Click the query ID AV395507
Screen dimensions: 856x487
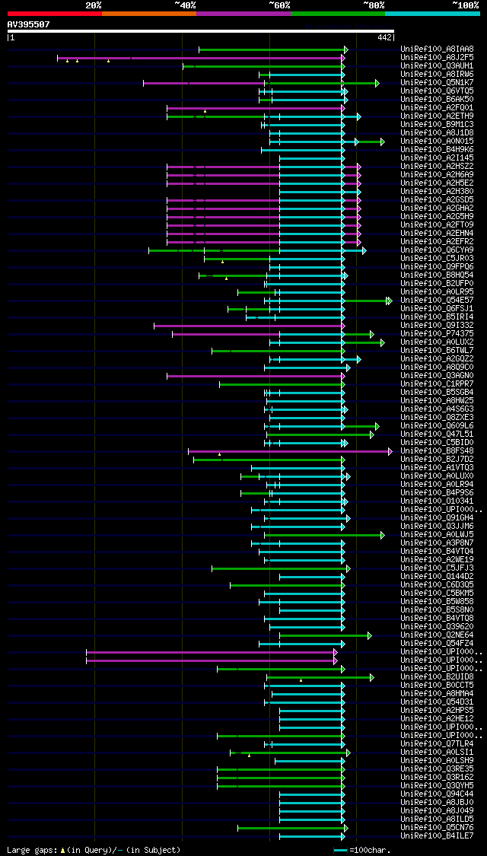click(x=29, y=24)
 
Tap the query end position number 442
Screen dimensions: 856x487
click(x=384, y=37)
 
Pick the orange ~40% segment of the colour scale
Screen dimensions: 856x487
click(x=148, y=13)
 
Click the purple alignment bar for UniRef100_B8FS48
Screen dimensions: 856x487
click(x=289, y=451)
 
